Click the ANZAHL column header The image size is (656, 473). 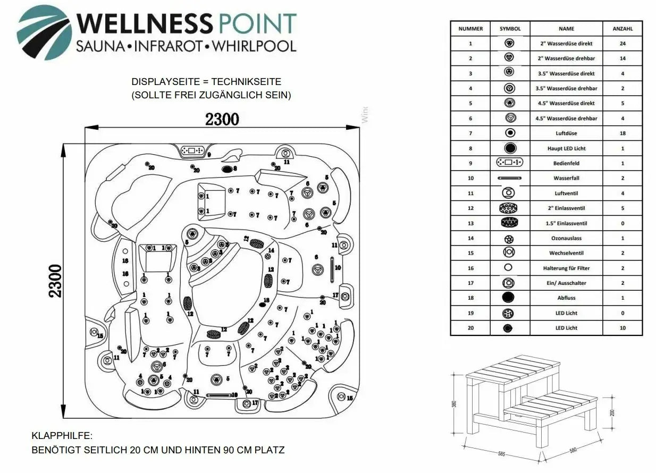(x=623, y=29)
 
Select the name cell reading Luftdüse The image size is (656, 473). (x=566, y=133)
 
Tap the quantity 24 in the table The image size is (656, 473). (x=623, y=44)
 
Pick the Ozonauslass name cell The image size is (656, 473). (x=566, y=238)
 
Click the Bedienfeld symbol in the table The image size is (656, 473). (x=509, y=163)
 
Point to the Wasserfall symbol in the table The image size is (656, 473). (x=509, y=178)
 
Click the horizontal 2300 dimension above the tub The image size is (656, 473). (x=222, y=119)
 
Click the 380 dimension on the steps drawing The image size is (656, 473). (x=454, y=404)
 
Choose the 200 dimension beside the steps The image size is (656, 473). (x=613, y=412)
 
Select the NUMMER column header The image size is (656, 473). (x=470, y=29)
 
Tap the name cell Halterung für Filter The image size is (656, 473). (x=566, y=268)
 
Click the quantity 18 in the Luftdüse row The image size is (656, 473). (x=623, y=133)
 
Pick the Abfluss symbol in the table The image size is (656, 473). (x=509, y=298)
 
